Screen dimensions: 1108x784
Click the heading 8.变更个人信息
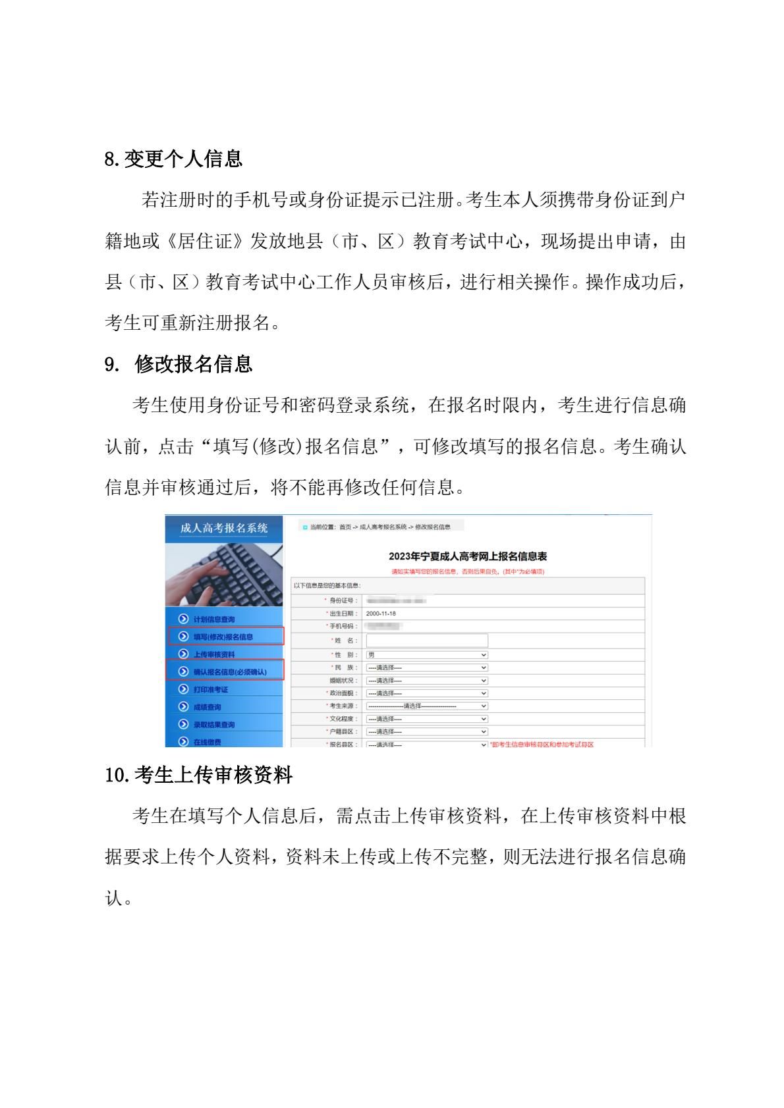tap(173, 159)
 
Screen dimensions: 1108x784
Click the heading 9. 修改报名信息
tap(179, 364)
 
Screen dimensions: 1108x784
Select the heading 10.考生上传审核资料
tap(198, 776)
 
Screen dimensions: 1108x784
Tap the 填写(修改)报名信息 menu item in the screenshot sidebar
tap(223, 637)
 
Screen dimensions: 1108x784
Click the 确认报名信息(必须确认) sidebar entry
tap(230, 672)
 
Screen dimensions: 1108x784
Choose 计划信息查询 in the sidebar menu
tap(213, 620)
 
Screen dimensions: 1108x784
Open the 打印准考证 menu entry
tap(210, 689)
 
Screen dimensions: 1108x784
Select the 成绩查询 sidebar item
tap(207, 707)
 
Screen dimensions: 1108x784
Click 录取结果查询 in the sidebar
tap(213, 724)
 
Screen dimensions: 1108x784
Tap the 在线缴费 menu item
tap(207, 742)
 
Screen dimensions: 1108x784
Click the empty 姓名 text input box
tap(427, 641)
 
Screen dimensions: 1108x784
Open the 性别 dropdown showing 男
tap(427, 655)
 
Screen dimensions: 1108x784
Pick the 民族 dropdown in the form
tap(427, 668)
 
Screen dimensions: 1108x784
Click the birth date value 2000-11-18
tap(381, 614)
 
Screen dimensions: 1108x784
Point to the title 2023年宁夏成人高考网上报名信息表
tap(468, 557)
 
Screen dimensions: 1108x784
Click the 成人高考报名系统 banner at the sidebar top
tap(224, 528)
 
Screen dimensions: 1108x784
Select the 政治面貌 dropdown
tap(427, 693)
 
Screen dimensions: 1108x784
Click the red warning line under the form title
tap(468, 571)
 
